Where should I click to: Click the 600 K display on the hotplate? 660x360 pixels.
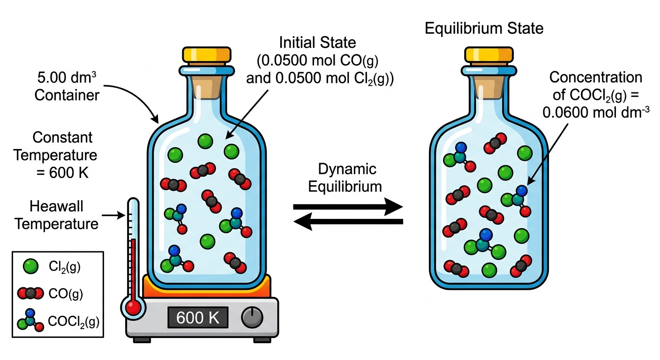tap(198, 317)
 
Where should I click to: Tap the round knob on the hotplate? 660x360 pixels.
tap(252, 317)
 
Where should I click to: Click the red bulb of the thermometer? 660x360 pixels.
tap(133, 308)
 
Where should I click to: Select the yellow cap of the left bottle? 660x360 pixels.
tap(207, 54)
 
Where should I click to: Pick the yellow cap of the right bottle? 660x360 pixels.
tap(489, 54)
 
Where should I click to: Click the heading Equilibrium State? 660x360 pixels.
tap(484, 29)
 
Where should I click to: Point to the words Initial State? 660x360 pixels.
tap(318, 43)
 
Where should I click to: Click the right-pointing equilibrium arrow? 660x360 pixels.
tap(348, 207)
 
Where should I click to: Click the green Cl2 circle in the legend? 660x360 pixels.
tap(30, 266)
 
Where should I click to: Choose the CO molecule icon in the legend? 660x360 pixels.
tap(30, 293)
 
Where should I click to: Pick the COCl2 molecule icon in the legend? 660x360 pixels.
tap(30, 321)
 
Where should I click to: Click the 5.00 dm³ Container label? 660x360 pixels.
tap(67, 87)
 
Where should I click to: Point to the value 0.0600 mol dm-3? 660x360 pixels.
tap(596, 112)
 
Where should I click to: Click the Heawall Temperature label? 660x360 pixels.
tap(56, 215)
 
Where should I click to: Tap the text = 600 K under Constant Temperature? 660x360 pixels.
tap(62, 172)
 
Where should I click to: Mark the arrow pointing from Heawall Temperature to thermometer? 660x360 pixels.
tap(114, 215)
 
